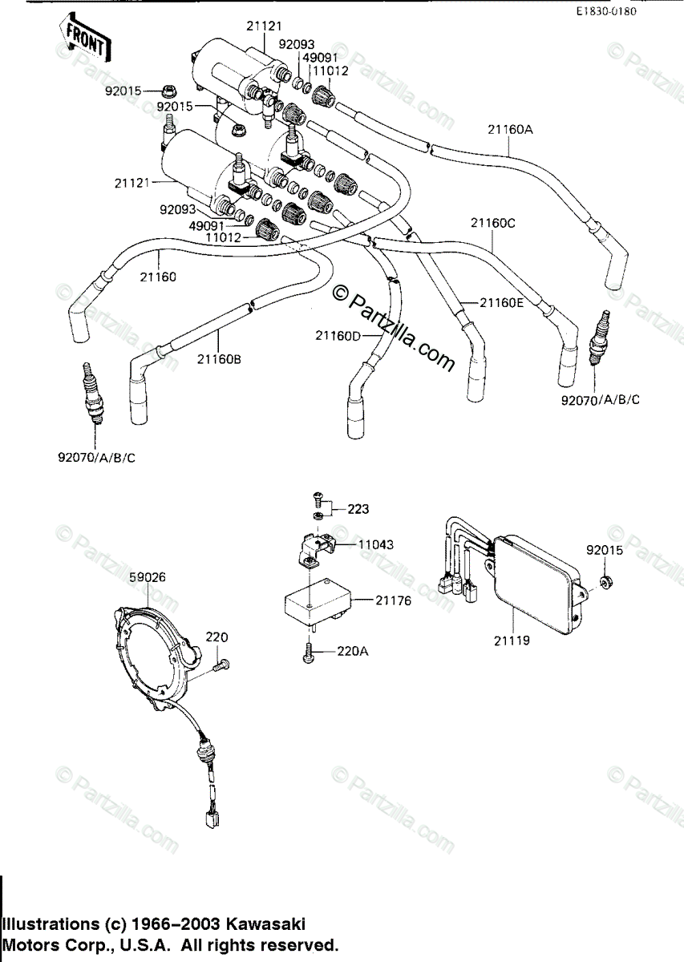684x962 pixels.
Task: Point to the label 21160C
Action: click(492, 224)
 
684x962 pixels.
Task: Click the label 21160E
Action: click(502, 302)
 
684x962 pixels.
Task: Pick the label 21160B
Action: click(218, 359)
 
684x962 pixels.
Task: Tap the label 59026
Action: click(147, 576)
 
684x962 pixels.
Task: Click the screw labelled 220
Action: click(222, 664)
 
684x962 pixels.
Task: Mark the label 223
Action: click(359, 509)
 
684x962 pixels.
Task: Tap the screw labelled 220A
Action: click(310, 655)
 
